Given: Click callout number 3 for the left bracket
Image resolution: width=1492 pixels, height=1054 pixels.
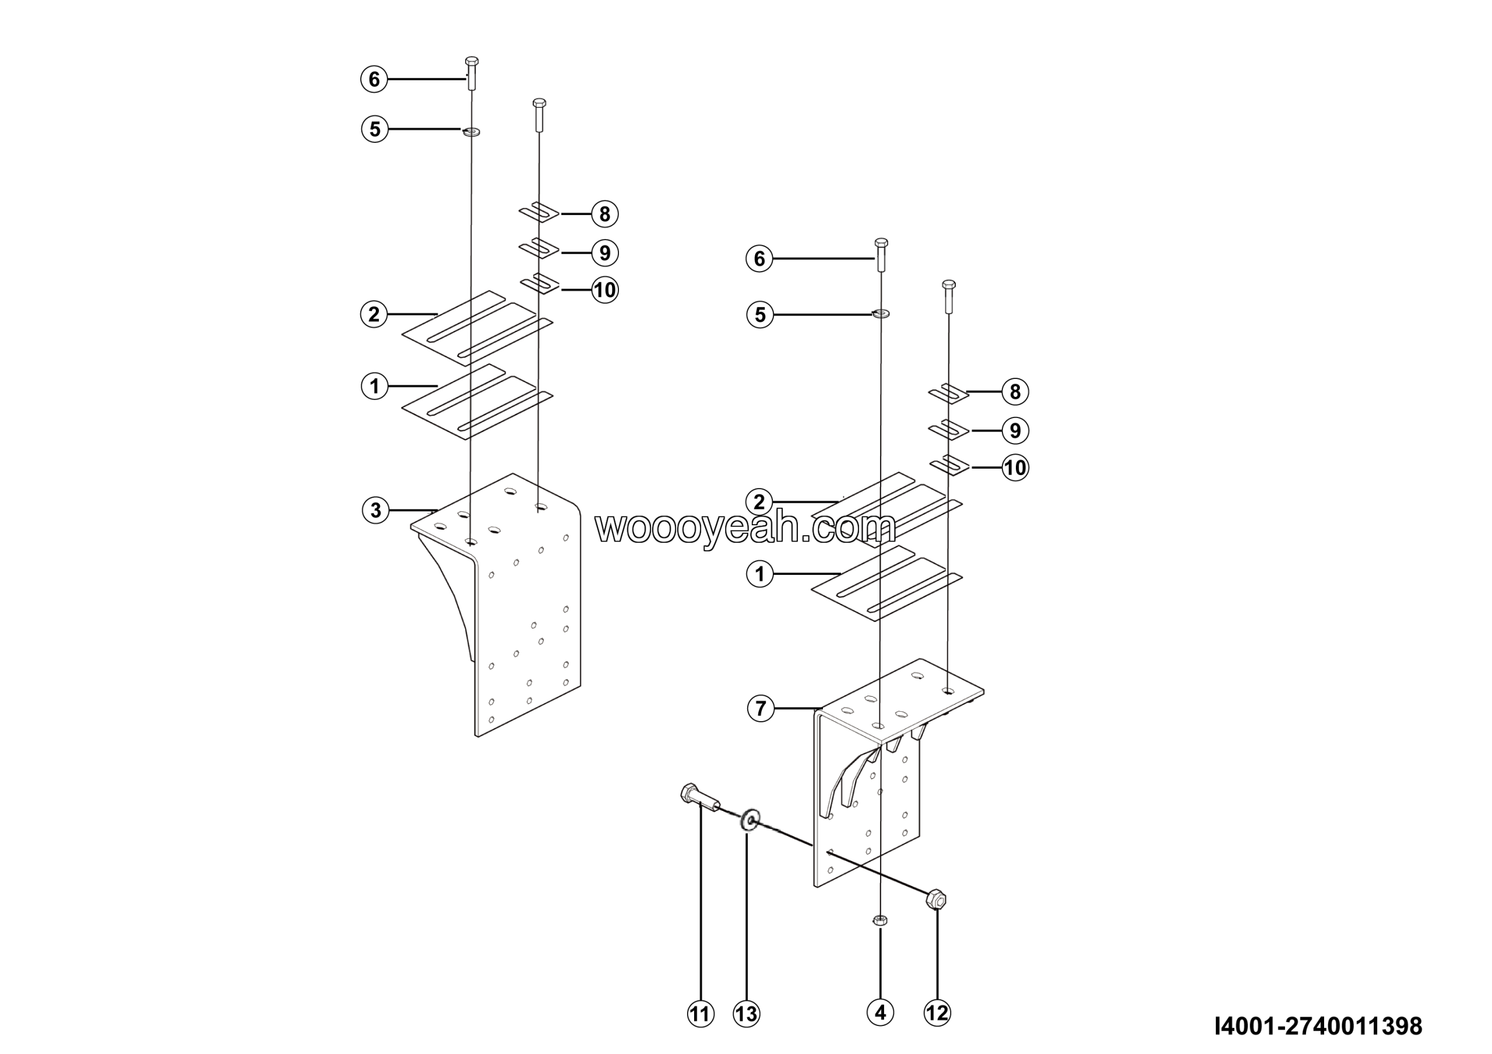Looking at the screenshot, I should (x=375, y=510).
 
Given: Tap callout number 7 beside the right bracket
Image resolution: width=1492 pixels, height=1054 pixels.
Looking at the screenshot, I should (x=761, y=708).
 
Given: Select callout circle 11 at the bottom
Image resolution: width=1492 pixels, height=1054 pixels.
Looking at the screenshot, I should (x=701, y=1013).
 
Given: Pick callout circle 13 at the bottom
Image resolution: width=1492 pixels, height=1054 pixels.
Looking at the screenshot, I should (x=746, y=1013).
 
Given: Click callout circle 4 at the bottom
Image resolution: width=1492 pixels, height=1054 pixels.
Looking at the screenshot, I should (x=880, y=1012).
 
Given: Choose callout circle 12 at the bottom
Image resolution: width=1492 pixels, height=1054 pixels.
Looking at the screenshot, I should (x=937, y=1013).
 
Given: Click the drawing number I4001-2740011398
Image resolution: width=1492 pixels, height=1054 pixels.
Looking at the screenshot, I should (x=1318, y=1026).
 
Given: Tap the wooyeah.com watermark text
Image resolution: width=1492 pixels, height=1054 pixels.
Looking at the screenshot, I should (x=745, y=528).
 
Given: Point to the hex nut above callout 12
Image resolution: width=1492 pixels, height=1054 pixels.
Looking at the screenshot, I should (x=937, y=900).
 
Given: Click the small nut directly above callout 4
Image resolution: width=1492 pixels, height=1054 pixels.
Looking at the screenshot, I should (x=880, y=919).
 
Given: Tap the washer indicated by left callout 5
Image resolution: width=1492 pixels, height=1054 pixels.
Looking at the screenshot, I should (x=471, y=132).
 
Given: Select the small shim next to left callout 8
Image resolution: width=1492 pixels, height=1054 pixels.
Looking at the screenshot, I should (x=539, y=212).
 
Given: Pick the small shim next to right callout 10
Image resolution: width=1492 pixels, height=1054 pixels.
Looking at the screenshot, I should (x=949, y=465).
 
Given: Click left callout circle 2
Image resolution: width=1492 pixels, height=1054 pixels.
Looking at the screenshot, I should (x=374, y=315).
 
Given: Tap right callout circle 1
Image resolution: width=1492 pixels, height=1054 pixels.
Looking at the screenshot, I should (x=759, y=574).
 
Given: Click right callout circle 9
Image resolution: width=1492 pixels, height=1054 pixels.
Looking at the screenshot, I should (x=1015, y=430).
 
